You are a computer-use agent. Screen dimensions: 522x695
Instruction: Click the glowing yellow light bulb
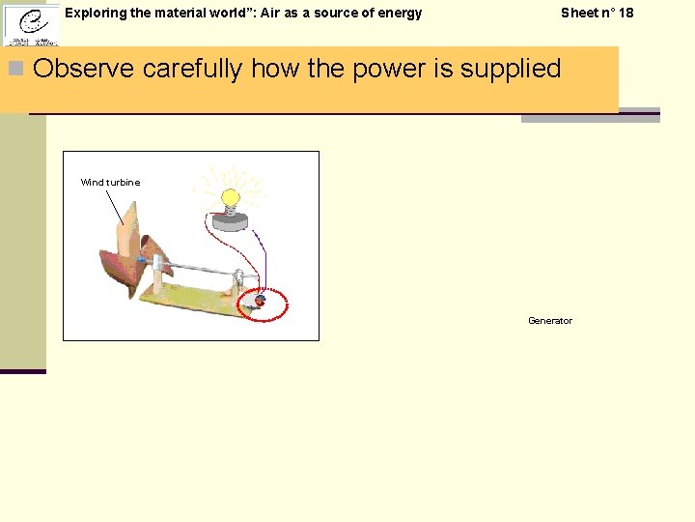click(231, 200)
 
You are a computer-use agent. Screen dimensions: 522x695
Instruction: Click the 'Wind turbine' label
click(110, 182)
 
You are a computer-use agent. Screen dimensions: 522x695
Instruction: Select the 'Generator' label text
click(549, 321)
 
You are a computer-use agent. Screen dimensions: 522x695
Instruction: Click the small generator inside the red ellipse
click(259, 302)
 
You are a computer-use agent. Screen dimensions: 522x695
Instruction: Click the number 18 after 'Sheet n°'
click(625, 13)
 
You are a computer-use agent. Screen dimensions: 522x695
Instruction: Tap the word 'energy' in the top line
click(400, 13)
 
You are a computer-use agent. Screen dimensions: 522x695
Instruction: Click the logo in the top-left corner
click(30, 24)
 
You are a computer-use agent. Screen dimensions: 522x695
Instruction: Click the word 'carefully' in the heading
click(192, 69)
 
